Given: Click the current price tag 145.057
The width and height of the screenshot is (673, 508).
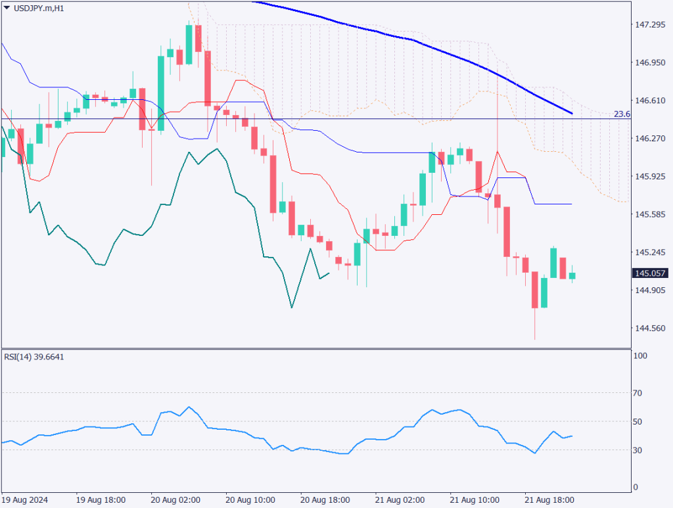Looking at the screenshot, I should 649,273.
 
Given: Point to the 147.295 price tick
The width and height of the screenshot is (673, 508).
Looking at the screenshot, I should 649,25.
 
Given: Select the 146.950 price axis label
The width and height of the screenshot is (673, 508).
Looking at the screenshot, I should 649,63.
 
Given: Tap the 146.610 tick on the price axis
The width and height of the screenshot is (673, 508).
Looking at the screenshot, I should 649,101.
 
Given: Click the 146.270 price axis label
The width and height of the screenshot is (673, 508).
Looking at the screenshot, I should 649,139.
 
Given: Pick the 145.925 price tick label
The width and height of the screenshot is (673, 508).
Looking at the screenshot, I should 649,177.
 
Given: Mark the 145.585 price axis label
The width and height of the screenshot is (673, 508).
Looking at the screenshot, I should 649,214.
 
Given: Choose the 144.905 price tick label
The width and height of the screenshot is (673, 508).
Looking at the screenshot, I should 649,290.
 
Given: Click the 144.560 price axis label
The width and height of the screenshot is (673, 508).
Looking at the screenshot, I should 649,329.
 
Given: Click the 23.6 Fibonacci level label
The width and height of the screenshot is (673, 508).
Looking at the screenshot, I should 621,114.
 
